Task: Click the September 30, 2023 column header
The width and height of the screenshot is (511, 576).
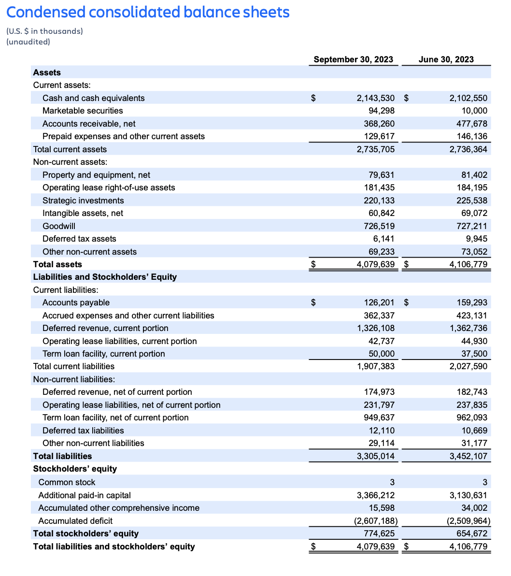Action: coord(353,59)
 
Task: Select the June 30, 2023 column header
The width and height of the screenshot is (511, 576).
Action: coord(446,59)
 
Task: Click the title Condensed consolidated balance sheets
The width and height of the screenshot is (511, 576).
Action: coord(148,12)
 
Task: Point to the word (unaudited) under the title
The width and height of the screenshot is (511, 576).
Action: coord(28,42)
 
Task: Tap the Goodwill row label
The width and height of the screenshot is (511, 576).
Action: coord(59,226)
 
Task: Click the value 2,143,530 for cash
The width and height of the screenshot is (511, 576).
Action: coord(375,98)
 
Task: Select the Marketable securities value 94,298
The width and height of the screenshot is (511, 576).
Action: coord(382,111)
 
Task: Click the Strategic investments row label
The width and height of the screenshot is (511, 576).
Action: coord(83,201)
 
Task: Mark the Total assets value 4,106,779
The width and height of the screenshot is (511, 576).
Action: coord(468,264)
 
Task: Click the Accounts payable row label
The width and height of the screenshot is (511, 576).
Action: coord(76,302)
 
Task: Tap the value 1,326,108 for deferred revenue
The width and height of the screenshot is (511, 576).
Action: coord(375,328)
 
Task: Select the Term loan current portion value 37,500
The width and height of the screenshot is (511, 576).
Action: coord(474,354)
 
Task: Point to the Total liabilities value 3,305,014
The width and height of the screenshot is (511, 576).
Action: coord(375,456)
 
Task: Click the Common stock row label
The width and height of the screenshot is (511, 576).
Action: coord(67,482)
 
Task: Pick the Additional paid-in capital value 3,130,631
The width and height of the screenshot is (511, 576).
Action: coord(468,495)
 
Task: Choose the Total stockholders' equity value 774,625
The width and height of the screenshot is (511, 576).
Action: coord(379,533)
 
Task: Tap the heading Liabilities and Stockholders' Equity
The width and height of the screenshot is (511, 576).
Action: coord(105,277)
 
